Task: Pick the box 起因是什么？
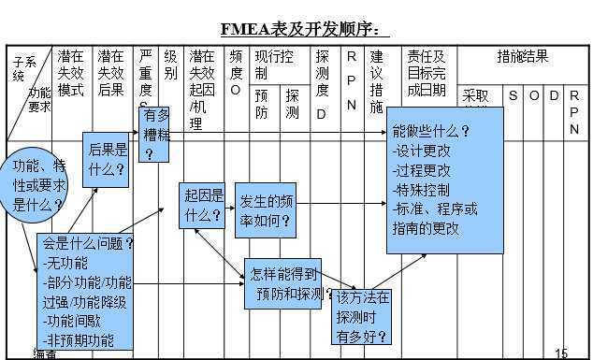coord(203,205)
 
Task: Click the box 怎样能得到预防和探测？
coord(287,285)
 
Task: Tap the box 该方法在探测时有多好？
coord(362,317)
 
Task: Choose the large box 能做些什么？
coord(443,180)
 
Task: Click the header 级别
coord(170,65)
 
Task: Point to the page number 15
coord(561,353)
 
